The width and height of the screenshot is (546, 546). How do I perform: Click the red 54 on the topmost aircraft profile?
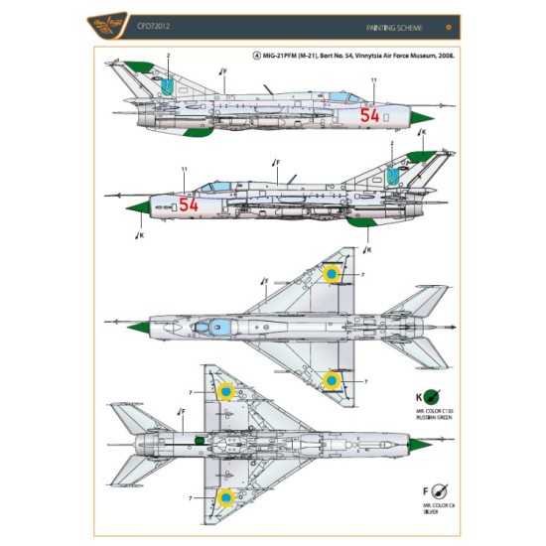click(x=369, y=114)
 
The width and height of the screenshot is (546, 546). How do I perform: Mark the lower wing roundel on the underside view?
click(x=227, y=495)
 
